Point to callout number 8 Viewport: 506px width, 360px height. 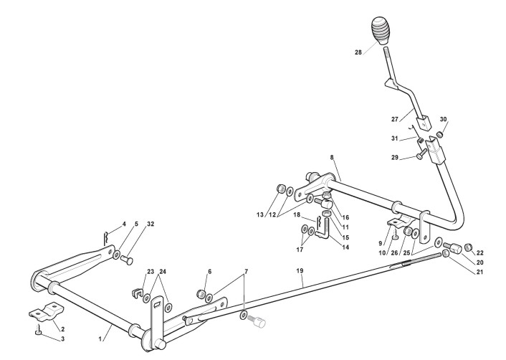click(332, 156)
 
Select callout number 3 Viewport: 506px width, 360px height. click(42, 338)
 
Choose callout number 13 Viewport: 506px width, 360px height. click(259, 214)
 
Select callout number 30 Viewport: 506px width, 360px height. click(444, 119)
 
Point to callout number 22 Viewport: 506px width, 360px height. click(479, 252)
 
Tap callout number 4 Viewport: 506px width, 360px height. click(123, 224)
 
